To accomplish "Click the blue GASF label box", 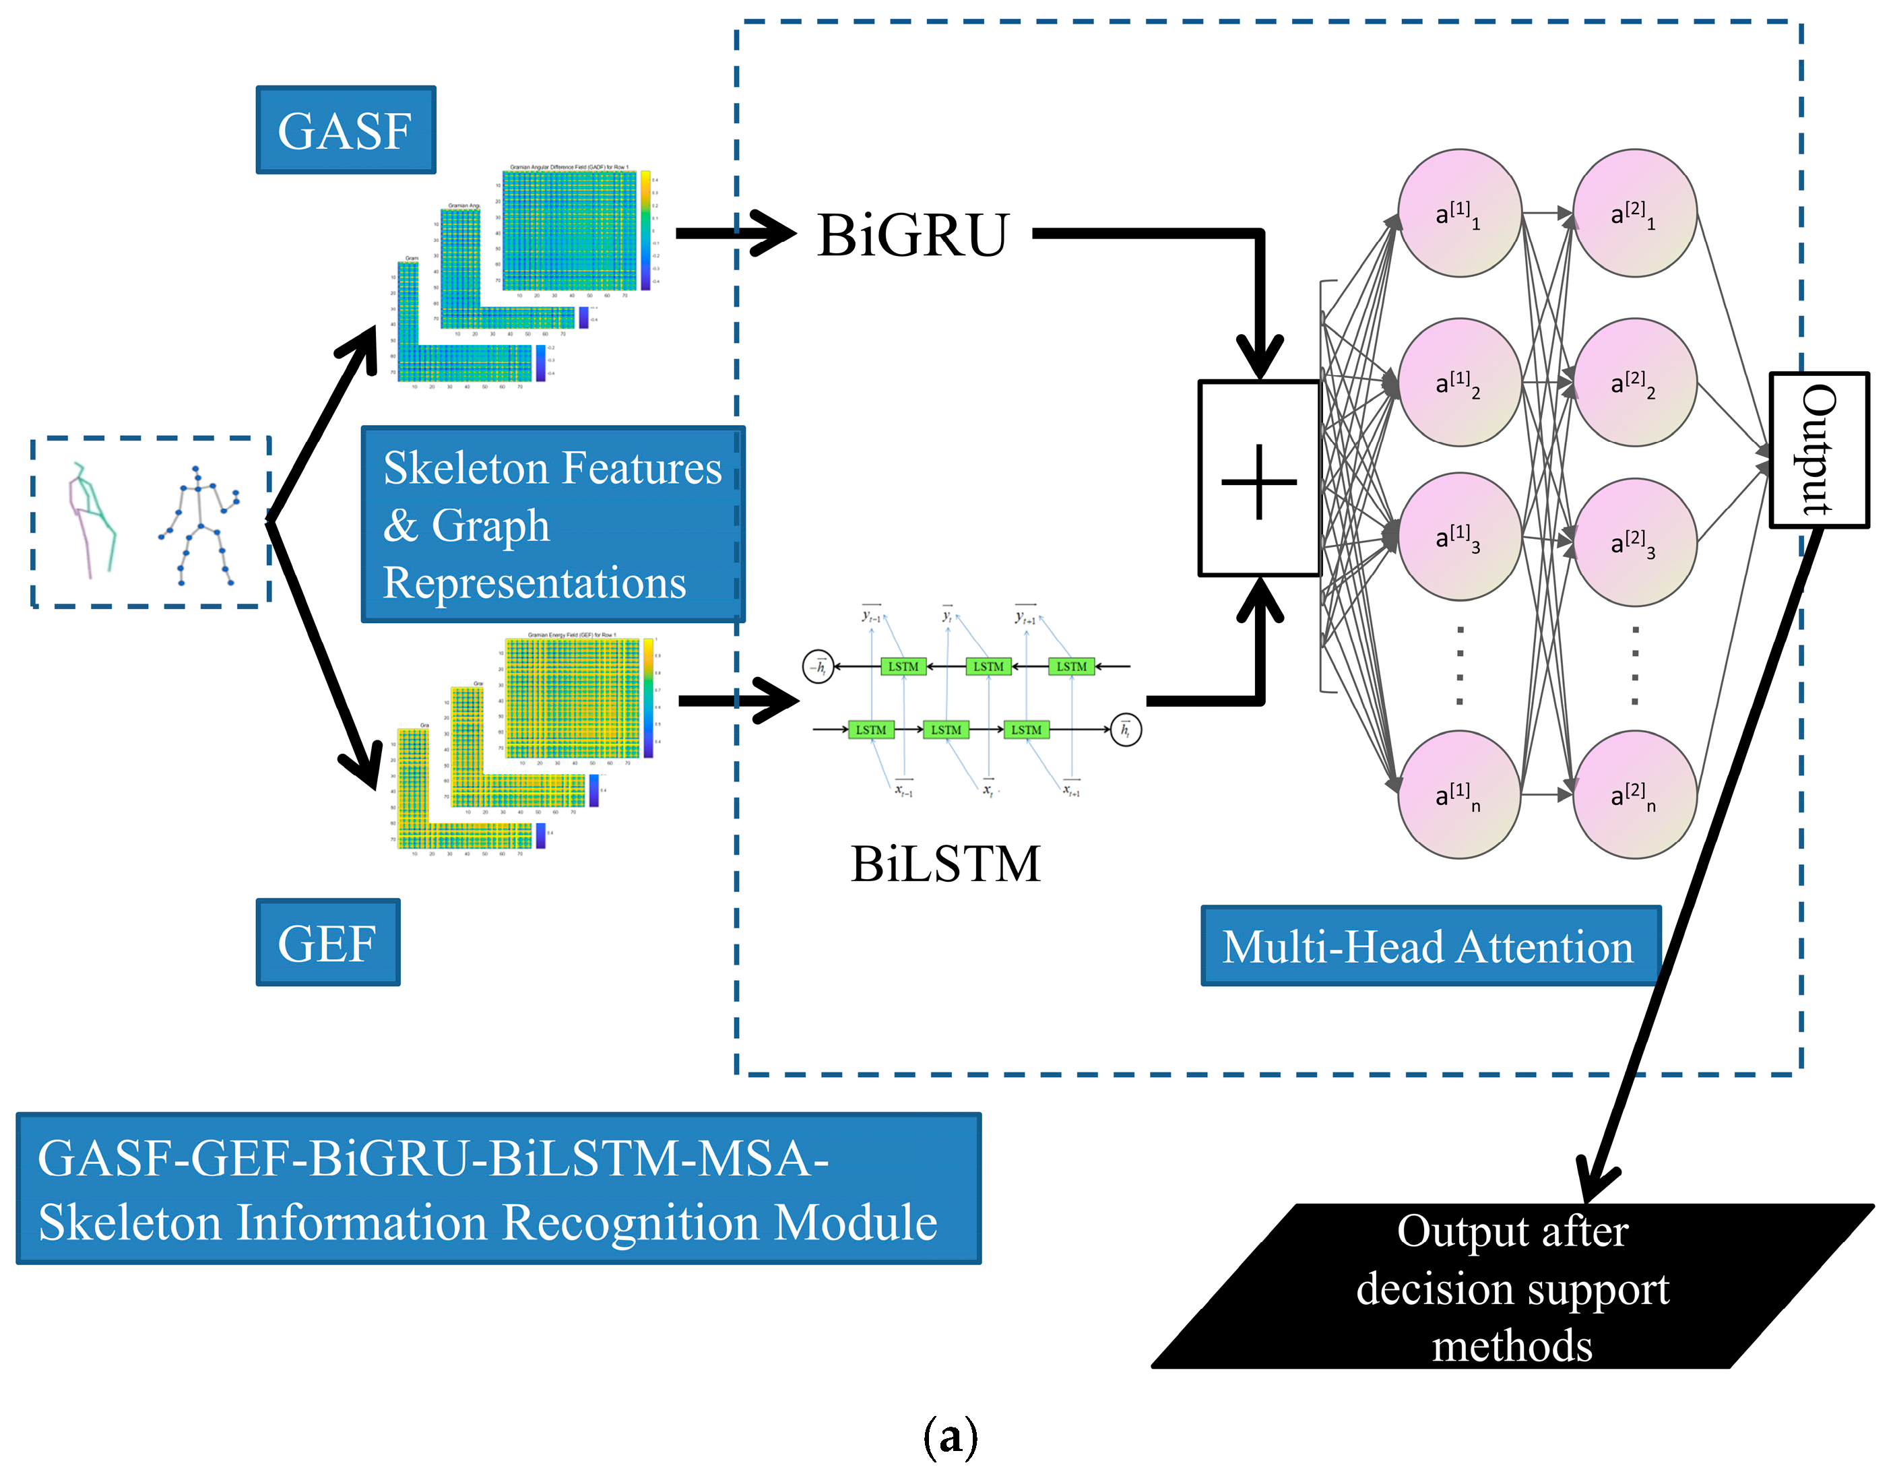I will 346,130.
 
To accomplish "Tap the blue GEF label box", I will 327,942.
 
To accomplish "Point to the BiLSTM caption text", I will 945,864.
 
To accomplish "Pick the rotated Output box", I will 1818,450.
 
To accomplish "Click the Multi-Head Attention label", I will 1430,946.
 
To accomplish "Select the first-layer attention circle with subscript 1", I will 1460,213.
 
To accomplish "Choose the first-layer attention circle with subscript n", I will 1460,795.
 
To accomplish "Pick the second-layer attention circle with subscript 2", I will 1634,383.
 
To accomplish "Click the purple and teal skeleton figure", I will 92,519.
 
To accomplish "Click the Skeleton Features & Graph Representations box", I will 552,524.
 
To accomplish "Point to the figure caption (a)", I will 950,1438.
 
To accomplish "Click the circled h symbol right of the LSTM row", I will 1126,730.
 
